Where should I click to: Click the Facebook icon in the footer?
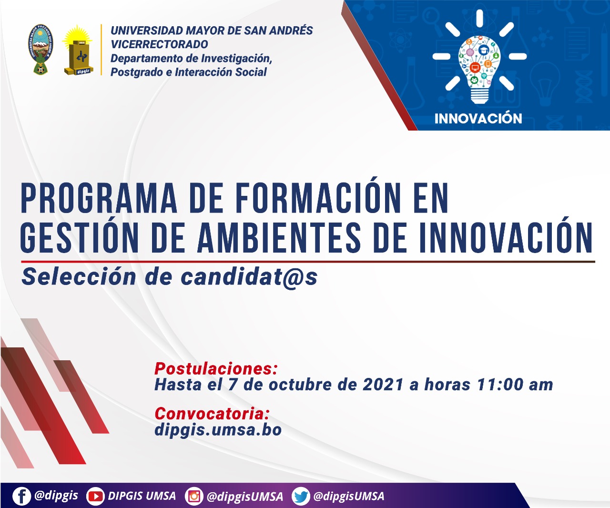click(21, 496)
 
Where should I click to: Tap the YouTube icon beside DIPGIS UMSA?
click(95, 496)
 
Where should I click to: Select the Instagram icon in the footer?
click(194, 496)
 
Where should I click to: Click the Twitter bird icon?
click(301, 496)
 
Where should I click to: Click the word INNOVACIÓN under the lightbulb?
click(478, 119)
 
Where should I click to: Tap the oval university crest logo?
click(41, 49)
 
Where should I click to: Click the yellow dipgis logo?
click(78, 50)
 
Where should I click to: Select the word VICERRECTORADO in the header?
click(159, 44)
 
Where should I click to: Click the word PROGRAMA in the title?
click(99, 198)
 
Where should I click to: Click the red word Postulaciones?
click(216, 369)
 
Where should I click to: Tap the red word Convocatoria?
click(212, 414)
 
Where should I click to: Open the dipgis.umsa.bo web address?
click(218, 430)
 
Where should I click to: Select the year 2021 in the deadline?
click(383, 385)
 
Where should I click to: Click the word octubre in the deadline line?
click(300, 385)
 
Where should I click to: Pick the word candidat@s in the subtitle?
click(249, 277)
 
